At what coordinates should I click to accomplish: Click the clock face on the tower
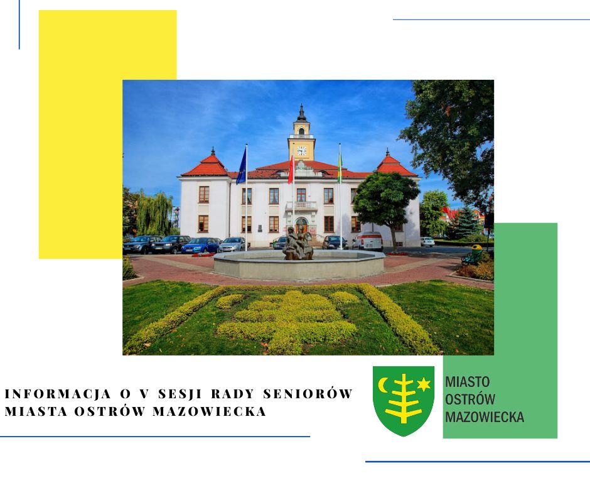(x=301, y=151)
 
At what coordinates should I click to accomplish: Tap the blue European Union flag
(x=242, y=166)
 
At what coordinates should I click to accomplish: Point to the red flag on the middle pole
(x=291, y=170)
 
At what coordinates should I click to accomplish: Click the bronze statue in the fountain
(x=298, y=244)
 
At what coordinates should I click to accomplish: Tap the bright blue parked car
(x=201, y=245)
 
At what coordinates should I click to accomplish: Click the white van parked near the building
(x=368, y=241)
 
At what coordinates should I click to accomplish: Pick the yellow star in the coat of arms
(x=424, y=384)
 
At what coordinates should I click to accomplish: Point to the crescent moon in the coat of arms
(x=383, y=384)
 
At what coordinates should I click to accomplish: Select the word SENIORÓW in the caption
(x=308, y=394)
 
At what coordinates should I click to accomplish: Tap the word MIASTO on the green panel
(x=468, y=382)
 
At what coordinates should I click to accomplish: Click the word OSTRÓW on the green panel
(x=470, y=400)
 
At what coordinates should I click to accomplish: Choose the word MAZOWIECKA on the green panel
(x=485, y=417)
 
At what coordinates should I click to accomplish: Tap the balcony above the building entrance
(x=301, y=205)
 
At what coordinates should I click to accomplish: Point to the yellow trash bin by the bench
(x=477, y=251)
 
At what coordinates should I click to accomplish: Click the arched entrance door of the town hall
(x=301, y=226)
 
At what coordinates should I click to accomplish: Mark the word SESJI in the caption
(x=179, y=394)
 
